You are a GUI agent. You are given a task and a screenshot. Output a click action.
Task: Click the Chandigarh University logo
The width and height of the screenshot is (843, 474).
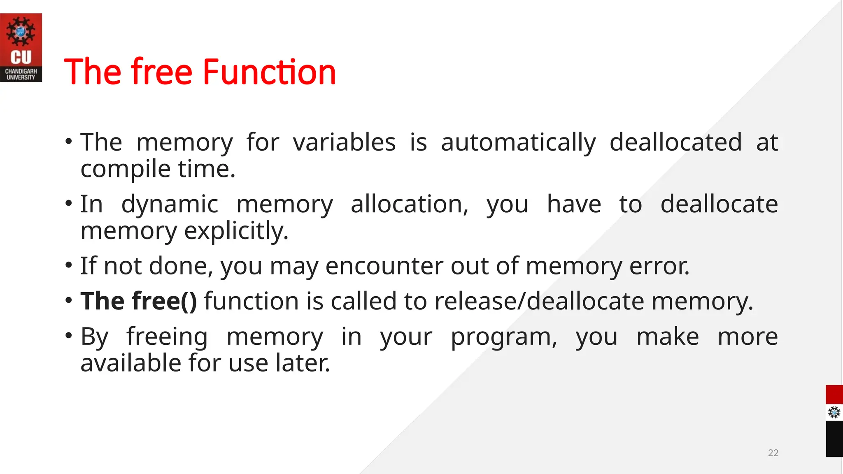coord(21,47)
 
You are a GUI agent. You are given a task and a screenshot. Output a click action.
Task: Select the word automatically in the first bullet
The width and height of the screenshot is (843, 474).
coord(518,143)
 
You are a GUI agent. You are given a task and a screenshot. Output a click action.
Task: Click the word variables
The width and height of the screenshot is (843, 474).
coord(344,142)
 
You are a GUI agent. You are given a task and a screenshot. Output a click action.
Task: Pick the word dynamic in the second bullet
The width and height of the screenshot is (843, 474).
coord(170,204)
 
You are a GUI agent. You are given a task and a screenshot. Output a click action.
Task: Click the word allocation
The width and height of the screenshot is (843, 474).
coord(409,204)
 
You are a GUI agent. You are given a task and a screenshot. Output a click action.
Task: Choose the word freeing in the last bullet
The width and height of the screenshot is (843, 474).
coord(167,337)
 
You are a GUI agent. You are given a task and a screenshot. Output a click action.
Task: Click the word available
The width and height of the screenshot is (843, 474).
coord(130,363)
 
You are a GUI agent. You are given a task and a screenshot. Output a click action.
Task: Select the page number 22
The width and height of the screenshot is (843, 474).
coord(773,453)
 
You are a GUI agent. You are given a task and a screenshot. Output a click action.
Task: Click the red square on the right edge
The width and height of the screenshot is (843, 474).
coord(834,395)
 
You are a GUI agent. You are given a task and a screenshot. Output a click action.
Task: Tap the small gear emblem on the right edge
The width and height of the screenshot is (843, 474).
coord(834,412)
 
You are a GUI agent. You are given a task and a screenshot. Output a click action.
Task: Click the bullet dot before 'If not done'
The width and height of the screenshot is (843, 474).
coord(69,265)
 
